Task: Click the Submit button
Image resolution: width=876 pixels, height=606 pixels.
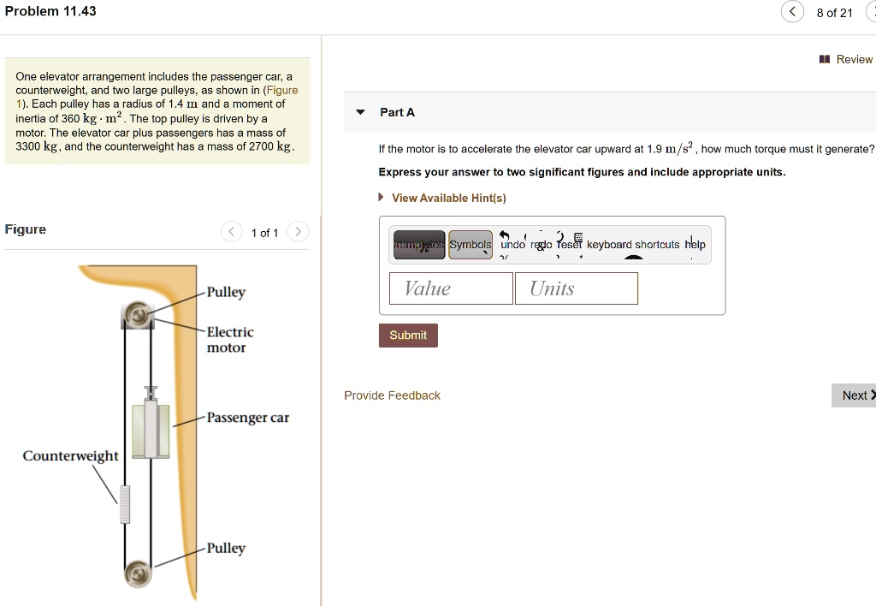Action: pyautogui.click(x=408, y=335)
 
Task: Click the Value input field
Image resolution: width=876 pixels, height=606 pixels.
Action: pyautogui.click(x=451, y=288)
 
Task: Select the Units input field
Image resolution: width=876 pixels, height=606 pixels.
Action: pyautogui.click(x=576, y=288)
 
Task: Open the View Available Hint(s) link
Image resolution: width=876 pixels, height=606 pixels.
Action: pyautogui.click(x=448, y=198)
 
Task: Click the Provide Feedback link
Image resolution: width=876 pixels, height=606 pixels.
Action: pyautogui.click(x=392, y=395)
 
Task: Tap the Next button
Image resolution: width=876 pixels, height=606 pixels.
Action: pyautogui.click(x=854, y=395)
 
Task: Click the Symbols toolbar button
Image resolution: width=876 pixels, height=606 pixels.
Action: pyautogui.click(x=471, y=245)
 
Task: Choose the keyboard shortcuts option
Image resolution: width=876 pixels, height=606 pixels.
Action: pyautogui.click(x=633, y=245)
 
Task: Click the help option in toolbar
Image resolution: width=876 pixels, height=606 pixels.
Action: pyautogui.click(x=695, y=245)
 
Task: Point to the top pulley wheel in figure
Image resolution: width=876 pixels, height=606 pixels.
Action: pyautogui.click(x=136, y=315)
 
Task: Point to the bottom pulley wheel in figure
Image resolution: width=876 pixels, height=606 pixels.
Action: pyautogui.click(x=136, y=573)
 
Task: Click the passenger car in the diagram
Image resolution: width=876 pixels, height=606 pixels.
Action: pyautogui.click(x=151, y=429)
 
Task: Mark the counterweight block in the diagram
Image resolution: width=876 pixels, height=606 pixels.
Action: pyautogui.click(x=125, y=504)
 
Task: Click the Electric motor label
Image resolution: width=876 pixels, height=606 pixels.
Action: pyautogui.click(x=230, y=340)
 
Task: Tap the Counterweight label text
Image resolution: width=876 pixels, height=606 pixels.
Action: pyautogui.click(x=70, y=455)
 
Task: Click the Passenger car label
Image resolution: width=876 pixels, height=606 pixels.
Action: pyautogui.click(x=248, y=418)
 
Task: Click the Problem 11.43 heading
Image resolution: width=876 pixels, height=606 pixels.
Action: pyautogui.click(x=50, y=11)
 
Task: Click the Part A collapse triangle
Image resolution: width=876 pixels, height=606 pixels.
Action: pyautogui.click(x=360, y=112)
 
